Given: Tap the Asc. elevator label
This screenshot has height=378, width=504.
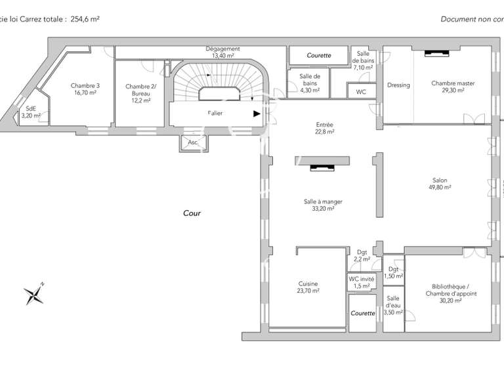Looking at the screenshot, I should click(193, 142).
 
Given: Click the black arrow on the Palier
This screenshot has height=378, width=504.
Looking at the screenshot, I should click(257, 113).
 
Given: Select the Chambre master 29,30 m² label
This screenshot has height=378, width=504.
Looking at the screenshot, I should click(453, 87).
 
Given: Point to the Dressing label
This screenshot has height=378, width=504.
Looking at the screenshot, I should click(398, 85).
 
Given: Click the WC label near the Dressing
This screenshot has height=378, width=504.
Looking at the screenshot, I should click(361, 93).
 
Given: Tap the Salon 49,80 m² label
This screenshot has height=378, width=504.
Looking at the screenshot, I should click(439, 184).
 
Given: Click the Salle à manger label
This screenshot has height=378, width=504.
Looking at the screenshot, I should click(323, 205).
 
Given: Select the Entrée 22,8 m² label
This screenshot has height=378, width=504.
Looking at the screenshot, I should click(324, 128).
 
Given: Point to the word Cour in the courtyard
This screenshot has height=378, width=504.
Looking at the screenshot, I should click(192, 213).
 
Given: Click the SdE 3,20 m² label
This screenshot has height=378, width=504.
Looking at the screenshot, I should click(31, 112).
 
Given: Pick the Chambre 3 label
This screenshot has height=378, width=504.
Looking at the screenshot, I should click(85, 89).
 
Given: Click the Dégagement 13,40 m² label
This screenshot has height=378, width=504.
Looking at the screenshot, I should click(222, 52).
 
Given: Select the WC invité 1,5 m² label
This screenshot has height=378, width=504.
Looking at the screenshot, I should click(361, 282).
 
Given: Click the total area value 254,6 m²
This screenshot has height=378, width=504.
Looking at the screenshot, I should click(85, 20).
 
